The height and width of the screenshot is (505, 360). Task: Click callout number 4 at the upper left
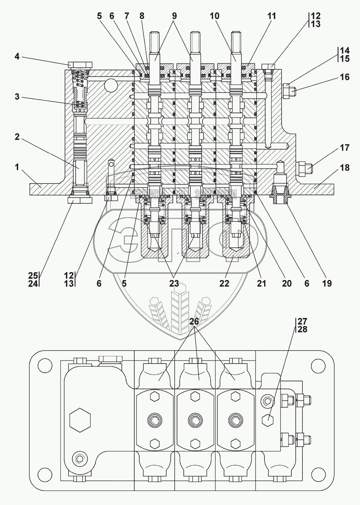(x=17, y=56)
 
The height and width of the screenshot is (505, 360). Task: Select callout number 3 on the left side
(x=16, y=97)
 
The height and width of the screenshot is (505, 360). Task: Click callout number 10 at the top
(x=214, y=16)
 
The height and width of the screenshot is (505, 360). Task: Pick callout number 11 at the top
(x=272, y=16)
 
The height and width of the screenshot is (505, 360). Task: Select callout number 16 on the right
(x=345, y=77)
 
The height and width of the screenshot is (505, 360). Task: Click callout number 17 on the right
(x=345, y=148)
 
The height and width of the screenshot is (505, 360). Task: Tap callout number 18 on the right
(x=345, y=168)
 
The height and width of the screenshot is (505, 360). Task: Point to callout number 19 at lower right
(x=327, y=283)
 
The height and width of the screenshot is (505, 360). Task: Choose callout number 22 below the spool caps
(x=224, y=283)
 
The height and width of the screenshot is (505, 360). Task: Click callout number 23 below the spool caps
(x=174, y=283)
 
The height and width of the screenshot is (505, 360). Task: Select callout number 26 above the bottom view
(x=194, y=322)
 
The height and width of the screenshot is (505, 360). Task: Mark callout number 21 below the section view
(x=261, y=283)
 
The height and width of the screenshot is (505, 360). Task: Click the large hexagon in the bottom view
(x=80, y=420)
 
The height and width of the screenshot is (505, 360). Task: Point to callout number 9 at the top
(x=174, y=16)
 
